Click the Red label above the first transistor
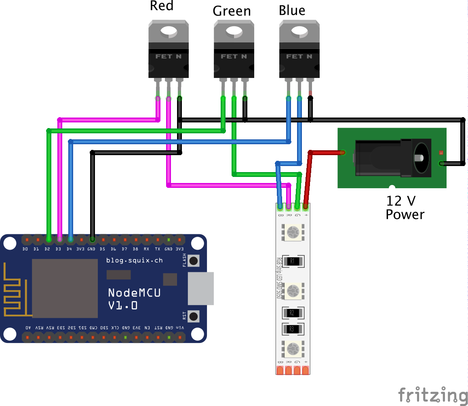pyautogui.click(x=162, y=6)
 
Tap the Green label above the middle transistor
pyautogui.click(x=232, y=11)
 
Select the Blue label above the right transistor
pyautogui.click(x=292, y=11)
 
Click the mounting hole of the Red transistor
pyautogui.click(x=169, y=31)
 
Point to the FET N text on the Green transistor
pyautogui.click(x=234, y=57)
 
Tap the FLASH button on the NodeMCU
pyautogui.click(x=194, y=261)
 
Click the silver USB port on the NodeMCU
pyautogui.click(x=200, y=288)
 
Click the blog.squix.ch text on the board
pyautogui.click(x=134, y=261)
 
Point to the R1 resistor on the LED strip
pyautogui.click(x=293, y=261)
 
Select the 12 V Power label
pyautogui.click(x=405, y=208)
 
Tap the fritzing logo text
pyautogui.click(x=432, y=395)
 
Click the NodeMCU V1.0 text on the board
pyautogui.click(x=134, y=299)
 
